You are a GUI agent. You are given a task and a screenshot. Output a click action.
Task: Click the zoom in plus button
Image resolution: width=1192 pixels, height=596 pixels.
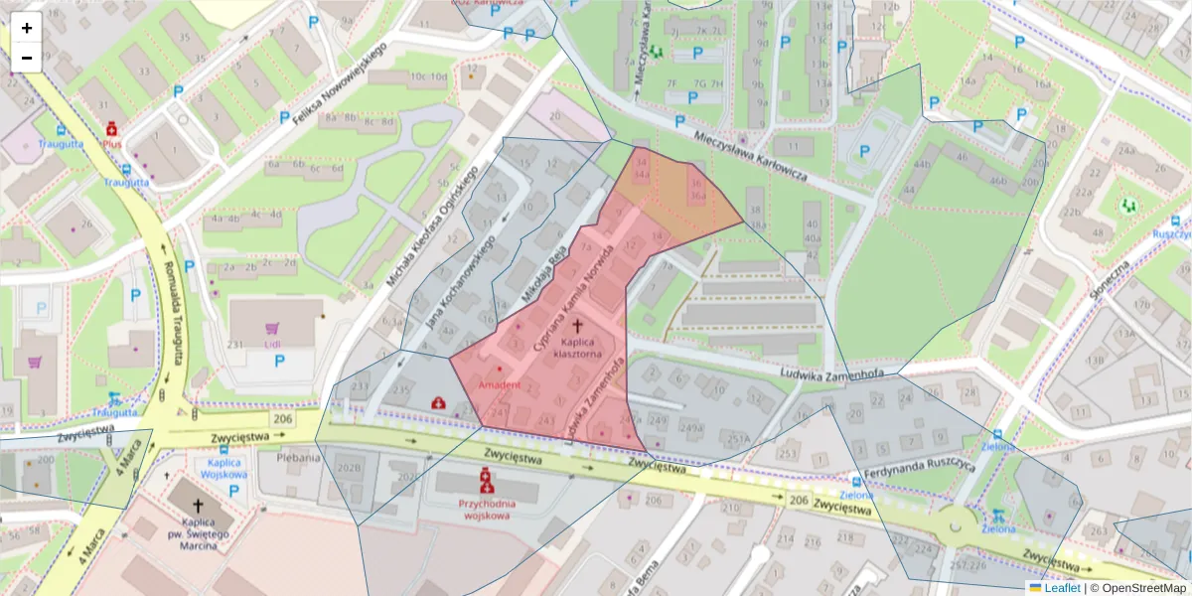27,28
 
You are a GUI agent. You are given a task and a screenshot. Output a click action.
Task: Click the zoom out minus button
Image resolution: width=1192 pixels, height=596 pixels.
27,58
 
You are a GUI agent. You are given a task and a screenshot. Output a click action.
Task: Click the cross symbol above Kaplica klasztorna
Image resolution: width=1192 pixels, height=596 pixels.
577,325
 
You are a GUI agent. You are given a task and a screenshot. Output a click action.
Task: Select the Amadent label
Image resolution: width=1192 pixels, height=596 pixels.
499,383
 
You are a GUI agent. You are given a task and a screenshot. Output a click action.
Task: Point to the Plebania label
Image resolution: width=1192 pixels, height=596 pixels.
299,459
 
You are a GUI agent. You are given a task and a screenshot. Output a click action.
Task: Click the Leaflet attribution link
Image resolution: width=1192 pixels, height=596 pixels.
1061,588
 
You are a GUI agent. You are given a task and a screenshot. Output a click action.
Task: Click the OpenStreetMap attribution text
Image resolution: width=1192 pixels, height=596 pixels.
1142,588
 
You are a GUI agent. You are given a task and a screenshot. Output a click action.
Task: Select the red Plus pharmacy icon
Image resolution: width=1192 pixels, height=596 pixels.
112,130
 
